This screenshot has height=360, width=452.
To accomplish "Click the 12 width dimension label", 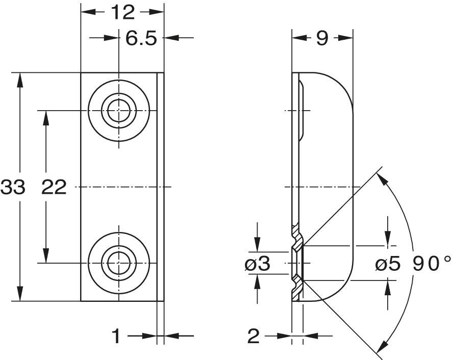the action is click(123, 12).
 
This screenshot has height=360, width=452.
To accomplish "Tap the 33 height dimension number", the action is click(13, 187).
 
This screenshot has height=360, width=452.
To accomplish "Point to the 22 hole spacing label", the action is click(54, 187).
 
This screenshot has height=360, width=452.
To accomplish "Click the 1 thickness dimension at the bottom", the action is click(116, 336).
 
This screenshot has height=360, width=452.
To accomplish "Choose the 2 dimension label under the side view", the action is click(254, 336).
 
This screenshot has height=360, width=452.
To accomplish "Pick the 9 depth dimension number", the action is click(322, 38).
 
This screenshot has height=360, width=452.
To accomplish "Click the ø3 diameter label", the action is click(258, 263).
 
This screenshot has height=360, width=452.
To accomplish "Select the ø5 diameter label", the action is click(388, 263).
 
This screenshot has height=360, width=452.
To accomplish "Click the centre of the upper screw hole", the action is click(119, 111).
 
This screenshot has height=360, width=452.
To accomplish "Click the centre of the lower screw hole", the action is click(119, 263).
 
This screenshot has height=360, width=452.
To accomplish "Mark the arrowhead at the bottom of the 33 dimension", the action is click(19, 294).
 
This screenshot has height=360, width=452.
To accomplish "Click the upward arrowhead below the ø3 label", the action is click(258, 281).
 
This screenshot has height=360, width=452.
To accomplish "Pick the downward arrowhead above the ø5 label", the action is click(388, 239).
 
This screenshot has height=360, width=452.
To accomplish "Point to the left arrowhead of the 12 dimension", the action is click(88, 12).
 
